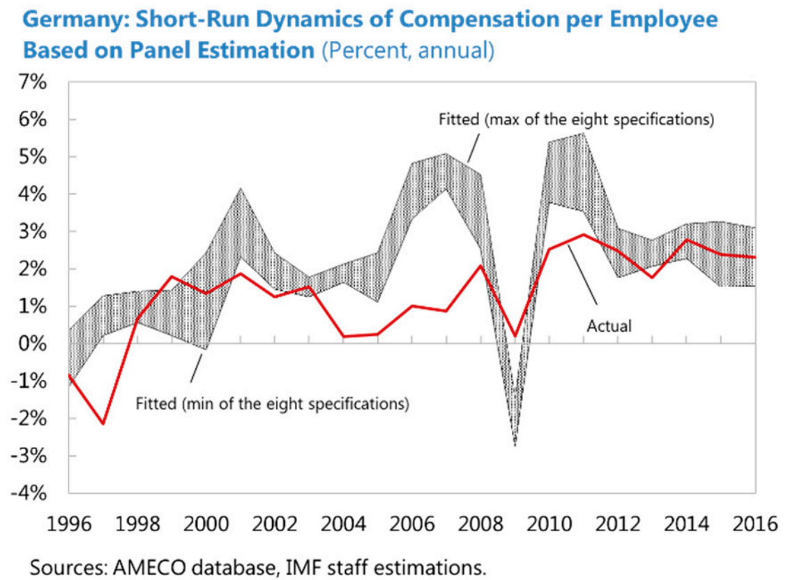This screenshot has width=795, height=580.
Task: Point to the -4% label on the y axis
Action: click(x=29, y=494)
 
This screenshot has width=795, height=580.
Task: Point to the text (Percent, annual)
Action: click(x=408, y=51)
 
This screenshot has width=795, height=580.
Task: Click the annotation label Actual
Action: click(x=609, y=326)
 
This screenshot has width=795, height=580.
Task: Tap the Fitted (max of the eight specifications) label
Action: click(x=576, y=119)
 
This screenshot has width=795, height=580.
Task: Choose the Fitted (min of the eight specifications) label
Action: click(x=272, y=403)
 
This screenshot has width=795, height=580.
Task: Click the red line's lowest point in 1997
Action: click(x=103, y=423)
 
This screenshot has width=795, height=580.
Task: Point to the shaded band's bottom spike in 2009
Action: click(x=515, y=445)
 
